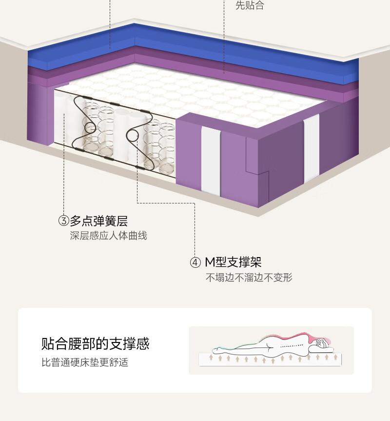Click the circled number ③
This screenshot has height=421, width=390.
tap(64, 221)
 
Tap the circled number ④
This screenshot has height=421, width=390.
tap(195, 262)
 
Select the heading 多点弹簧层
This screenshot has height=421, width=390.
tap(98, 221)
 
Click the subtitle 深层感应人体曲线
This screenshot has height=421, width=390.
tap(108, 236)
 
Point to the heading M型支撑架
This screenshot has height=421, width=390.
tap(233, 262)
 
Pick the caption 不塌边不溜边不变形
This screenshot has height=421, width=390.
tap(249, 277)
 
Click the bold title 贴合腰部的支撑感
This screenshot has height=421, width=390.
tap(95, 343)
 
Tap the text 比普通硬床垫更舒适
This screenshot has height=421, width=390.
tap(85, 362)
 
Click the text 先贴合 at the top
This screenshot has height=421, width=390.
tap(250, 5)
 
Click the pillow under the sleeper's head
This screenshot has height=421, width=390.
tap(320, 349)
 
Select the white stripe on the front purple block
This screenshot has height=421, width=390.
tap(211, 160)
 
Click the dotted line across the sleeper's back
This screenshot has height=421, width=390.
tap(292, 346)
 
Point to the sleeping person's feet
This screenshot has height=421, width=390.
tap(216, 350)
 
